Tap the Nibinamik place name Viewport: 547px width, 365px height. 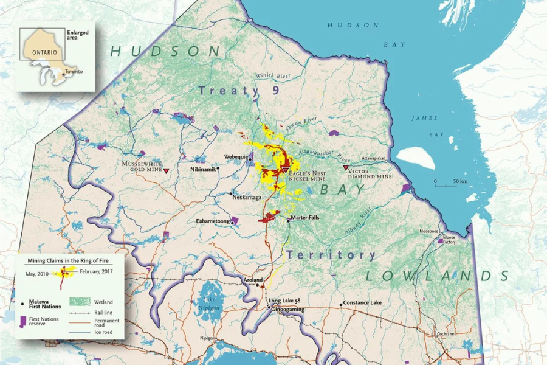click(203, 169)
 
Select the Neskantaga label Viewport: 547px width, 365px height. click(248, 198)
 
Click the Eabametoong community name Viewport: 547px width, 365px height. click(212, 221)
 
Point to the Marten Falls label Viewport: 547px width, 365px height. click(305, 217)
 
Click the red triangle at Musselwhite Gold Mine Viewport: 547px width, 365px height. click(167, 172)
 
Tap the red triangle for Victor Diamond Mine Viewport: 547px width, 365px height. click(346, 168)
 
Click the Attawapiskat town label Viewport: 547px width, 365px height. click(373, 158)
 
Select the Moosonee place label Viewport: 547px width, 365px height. click(429, 232)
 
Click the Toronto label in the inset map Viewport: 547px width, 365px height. click(74, 71)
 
